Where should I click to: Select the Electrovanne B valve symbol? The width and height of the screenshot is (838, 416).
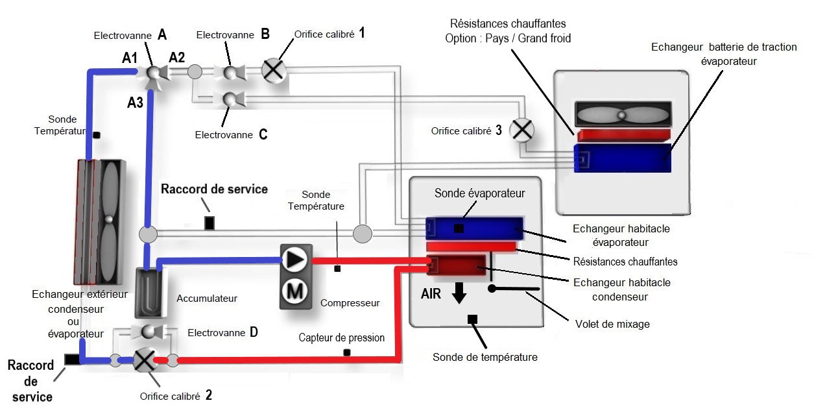pos(230,71)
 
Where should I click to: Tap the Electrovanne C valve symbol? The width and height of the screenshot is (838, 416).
pos(230,99)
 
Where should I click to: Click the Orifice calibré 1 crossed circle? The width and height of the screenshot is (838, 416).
pos(274,70)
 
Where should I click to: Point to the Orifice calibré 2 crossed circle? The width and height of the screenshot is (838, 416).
pos(143,360)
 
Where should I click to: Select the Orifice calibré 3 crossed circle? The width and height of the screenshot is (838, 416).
pos(521,130)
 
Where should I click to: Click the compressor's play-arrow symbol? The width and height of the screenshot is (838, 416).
pos(296,260)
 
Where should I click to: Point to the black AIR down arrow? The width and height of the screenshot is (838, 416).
pos(459,293)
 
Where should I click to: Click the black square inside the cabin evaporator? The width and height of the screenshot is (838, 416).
pos(459,228)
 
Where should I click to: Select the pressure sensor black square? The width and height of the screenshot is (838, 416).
pos(347,352)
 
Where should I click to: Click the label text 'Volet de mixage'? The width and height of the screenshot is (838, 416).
pos(612,323)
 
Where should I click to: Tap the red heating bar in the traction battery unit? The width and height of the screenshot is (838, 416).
pos(623,135)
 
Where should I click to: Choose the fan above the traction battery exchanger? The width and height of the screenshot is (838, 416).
pos(621,115)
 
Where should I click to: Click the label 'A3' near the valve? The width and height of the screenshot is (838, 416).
pos(136,101)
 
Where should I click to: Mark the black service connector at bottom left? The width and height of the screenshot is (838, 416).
pos(72,360)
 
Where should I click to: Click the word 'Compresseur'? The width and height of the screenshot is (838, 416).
pos(350,302)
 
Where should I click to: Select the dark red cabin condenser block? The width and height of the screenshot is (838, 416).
pos(457,265)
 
